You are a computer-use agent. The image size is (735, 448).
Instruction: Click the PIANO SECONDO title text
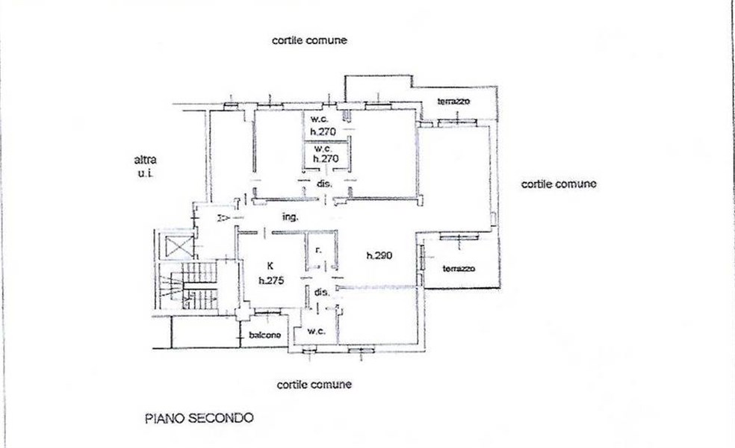199,418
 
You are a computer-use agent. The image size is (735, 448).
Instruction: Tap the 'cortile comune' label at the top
308,40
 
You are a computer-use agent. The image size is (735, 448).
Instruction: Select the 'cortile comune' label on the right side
558,184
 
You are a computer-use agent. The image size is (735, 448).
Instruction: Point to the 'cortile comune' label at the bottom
314,385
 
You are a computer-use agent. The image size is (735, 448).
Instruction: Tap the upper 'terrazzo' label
453,102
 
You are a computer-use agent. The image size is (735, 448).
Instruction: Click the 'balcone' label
264,335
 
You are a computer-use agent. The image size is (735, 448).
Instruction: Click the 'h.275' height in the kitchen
270,281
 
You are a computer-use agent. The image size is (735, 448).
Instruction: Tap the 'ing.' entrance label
291,217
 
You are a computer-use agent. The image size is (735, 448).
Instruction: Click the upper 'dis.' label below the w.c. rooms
323,184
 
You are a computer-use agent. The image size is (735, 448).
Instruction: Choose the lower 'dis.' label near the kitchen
322,292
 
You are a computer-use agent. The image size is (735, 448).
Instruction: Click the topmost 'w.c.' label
322,119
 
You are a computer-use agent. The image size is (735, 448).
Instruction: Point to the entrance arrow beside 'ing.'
222,219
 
